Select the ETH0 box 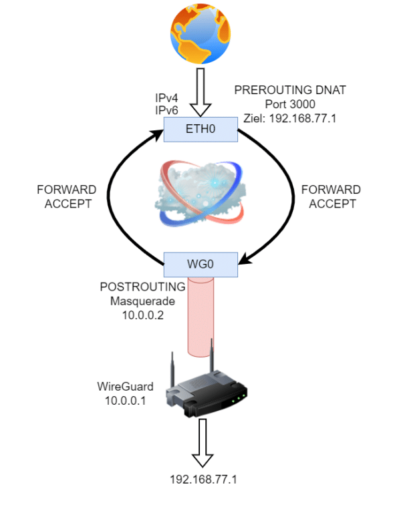pyautogui.click(x=201, y=128)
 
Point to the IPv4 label pyautogui.click(x=166, y=98)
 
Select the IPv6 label pyautogui.click(x=166, y=110)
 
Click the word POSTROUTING pyautogui.click(x=142, y=287)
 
